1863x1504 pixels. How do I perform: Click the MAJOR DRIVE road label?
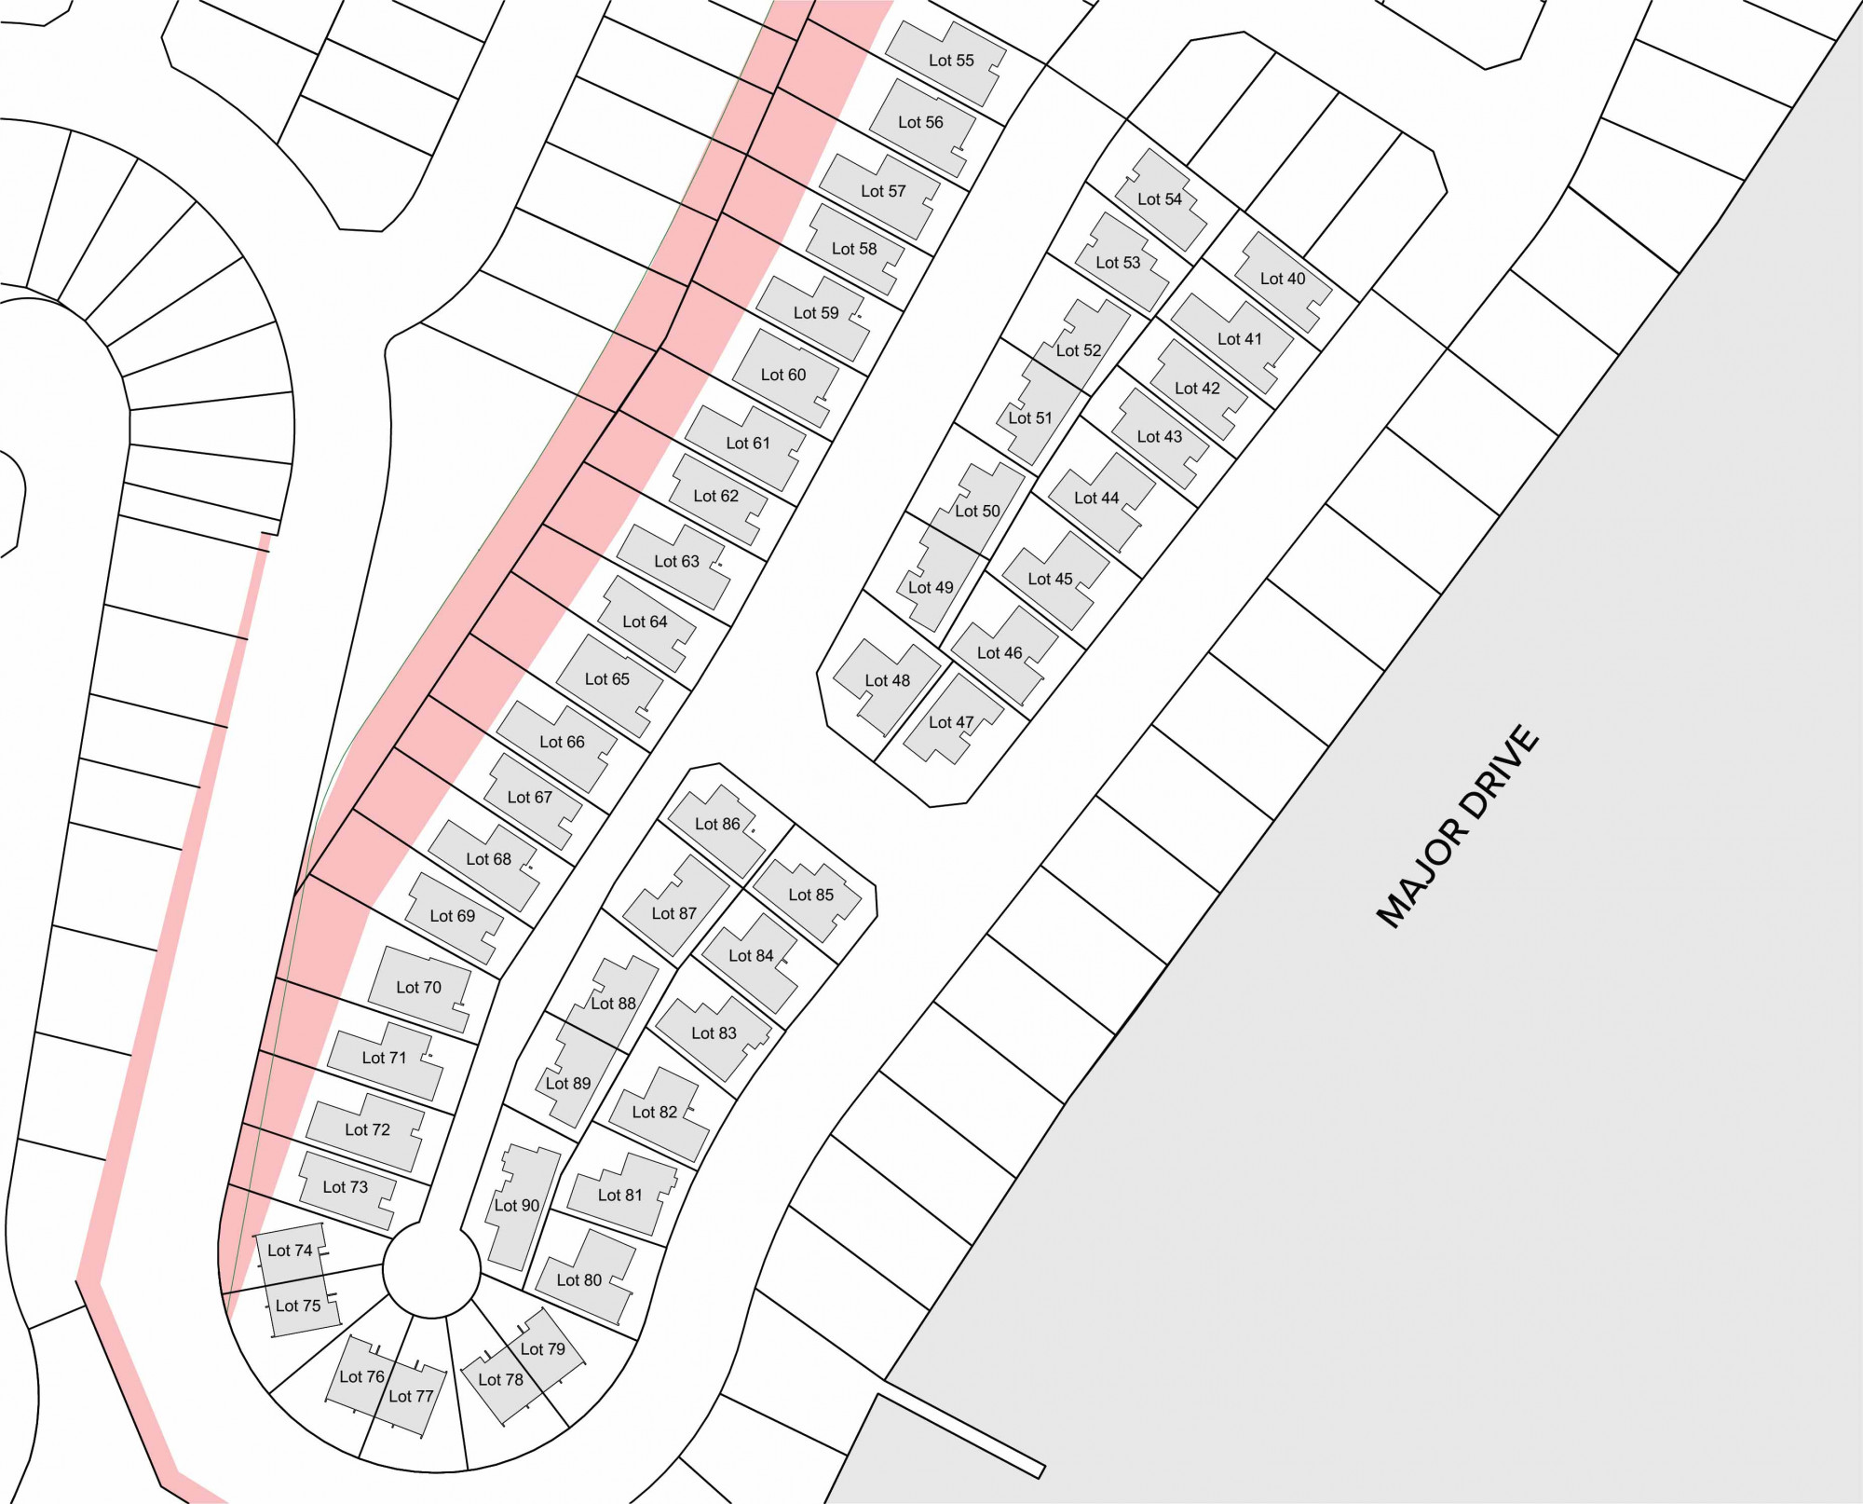point(1458,827)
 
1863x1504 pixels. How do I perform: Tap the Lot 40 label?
point(1283,279)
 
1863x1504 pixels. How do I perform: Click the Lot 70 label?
point(418,988)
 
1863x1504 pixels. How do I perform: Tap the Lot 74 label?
point(290,1251)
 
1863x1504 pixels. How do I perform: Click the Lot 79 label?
point(543,1349)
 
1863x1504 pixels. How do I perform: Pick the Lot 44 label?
point(1096,499)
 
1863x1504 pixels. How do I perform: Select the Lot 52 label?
point(1079,351)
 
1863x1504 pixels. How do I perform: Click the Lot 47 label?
point(951,722)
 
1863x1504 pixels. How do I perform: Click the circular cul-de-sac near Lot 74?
point(431,1270)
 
